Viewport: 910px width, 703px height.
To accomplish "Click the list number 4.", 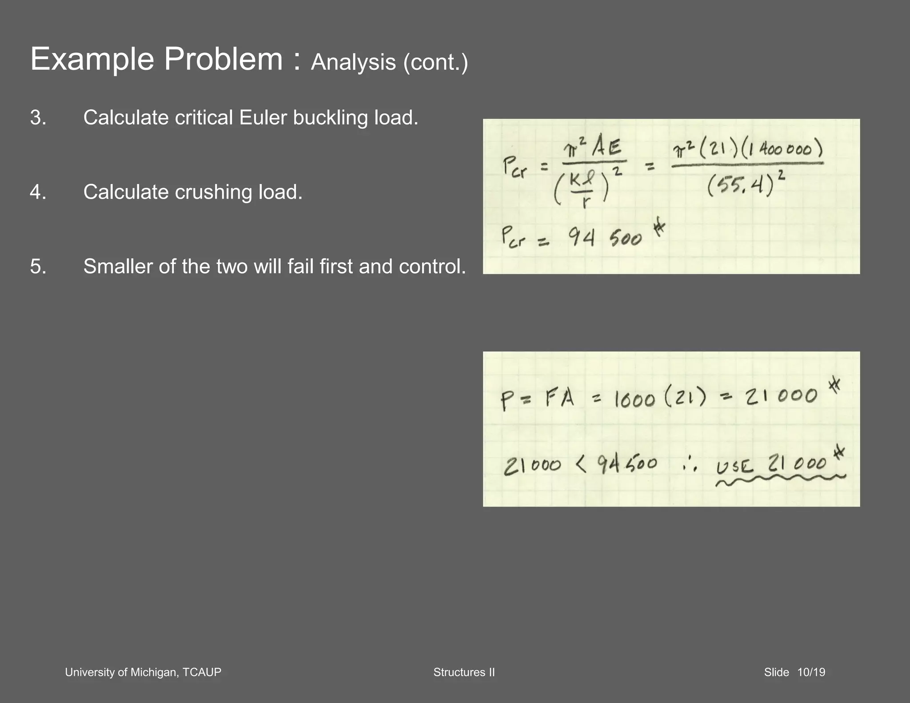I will point(38,192).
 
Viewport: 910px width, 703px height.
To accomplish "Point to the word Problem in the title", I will point(223,59).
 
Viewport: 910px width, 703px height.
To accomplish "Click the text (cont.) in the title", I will point(435,62).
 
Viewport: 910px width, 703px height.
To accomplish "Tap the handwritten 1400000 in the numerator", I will point(784,149).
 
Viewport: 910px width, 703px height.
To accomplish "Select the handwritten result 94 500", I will point(605,238).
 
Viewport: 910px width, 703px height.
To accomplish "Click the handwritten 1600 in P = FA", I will point(634,399).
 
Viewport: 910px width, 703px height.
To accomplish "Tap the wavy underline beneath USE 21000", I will point(780,480).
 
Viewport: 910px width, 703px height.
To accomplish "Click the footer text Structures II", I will point(464,672).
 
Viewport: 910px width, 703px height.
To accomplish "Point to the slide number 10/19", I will point(811,672).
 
